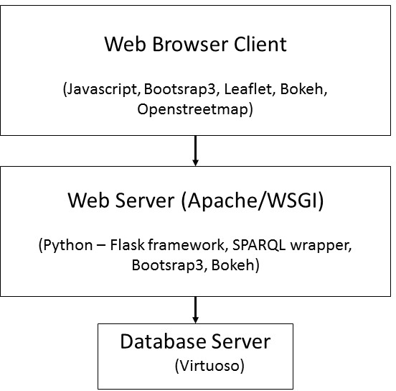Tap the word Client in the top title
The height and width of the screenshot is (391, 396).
point(260,44)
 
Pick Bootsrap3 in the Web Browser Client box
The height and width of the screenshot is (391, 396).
point(181,89)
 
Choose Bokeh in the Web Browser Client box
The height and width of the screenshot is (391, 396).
point(302,89)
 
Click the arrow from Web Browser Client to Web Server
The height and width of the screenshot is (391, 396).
point(195,151)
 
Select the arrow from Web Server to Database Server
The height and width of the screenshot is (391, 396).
point(195,310)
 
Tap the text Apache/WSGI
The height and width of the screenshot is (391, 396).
point(253,201)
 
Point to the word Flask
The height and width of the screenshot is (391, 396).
point(127,244)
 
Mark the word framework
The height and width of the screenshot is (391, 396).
point(188,244)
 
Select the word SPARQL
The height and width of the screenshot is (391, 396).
point(259,245)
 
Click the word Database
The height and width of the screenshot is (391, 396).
point(163,341)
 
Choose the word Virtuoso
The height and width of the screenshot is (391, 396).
point(209,365)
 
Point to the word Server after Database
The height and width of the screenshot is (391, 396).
point(241,341)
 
